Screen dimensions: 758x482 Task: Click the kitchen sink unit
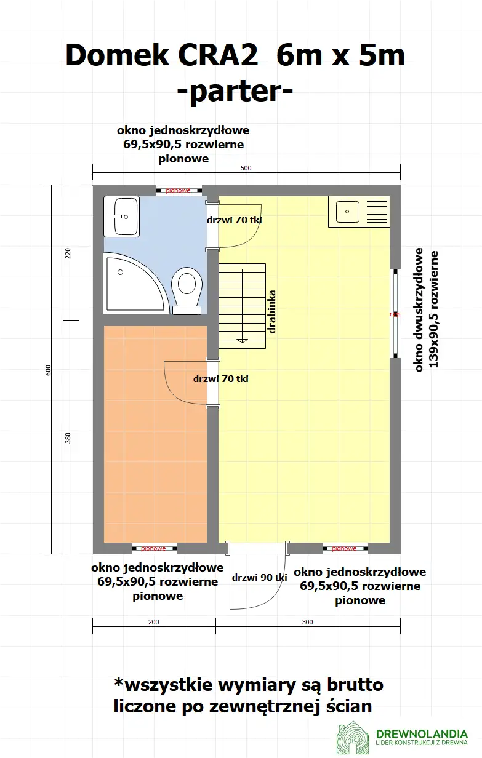[359, 212]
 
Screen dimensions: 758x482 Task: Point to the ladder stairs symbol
[243, 305]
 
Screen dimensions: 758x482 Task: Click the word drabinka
[271, 312]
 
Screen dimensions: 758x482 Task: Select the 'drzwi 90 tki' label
[260, 578]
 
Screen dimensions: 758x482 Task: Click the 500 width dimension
[246, 168]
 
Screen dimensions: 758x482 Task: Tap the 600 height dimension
[49, 369]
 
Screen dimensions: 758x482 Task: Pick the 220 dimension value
[68, 252]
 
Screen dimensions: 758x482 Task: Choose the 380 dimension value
[68, 437]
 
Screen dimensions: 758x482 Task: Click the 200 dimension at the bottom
[154, 622]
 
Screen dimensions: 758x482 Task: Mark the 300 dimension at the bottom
[308, 622]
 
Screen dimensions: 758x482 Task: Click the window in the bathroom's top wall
[179, 190]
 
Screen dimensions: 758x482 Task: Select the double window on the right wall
[395, 314]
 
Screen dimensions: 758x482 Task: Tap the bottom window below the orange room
[154, 548]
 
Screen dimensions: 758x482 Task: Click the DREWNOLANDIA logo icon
[353, 738]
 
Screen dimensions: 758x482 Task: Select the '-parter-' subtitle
[235, 92]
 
